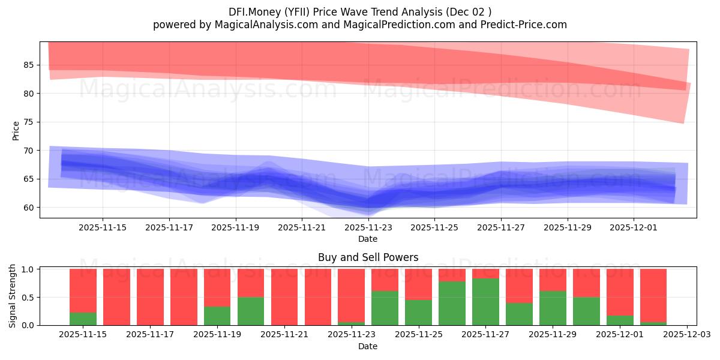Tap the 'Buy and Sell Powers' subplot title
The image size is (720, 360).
368,257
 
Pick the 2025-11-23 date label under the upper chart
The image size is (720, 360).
368,227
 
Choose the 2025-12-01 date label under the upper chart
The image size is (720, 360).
635,227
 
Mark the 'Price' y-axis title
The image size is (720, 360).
16,130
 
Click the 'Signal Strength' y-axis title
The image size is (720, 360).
13,295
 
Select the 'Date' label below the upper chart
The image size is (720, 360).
368,239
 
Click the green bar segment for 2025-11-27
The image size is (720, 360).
485,302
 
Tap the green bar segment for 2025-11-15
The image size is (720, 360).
83,319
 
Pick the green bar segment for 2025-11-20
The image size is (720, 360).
251,311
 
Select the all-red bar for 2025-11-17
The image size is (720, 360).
150,297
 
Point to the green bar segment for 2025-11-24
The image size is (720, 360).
385,308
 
